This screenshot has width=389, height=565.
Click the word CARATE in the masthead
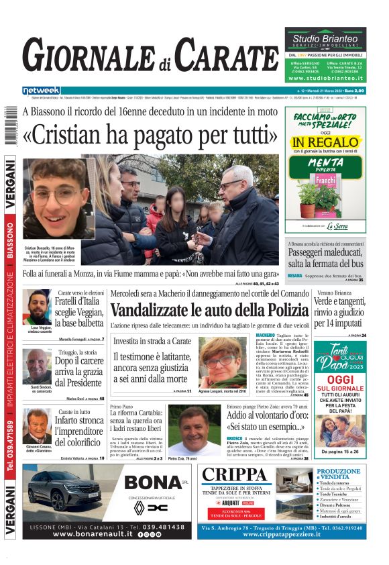click(226, 56)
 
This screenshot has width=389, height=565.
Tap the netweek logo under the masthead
click(41, 91)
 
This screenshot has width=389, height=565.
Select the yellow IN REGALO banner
click(325, 142)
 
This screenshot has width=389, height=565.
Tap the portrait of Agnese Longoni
click(222, 360)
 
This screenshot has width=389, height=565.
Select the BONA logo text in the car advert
click(154, 482)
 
